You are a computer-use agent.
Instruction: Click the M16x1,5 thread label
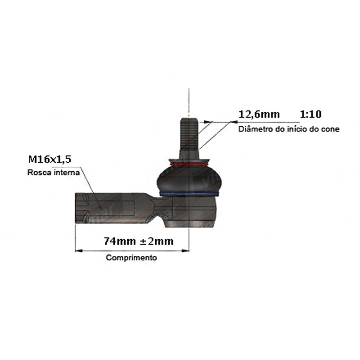click(x=50, y=159)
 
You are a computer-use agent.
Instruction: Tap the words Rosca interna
click(x=53, y=172)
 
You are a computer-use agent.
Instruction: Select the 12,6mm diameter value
click(x=259, y=114)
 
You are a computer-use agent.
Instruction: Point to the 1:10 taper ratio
click(x=311, y=114)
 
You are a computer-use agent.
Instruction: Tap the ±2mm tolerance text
click(x=156, y=241)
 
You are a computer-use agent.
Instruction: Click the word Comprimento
click(x=131, y=258)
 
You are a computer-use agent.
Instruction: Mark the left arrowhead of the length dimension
click(x=79, y=251)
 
